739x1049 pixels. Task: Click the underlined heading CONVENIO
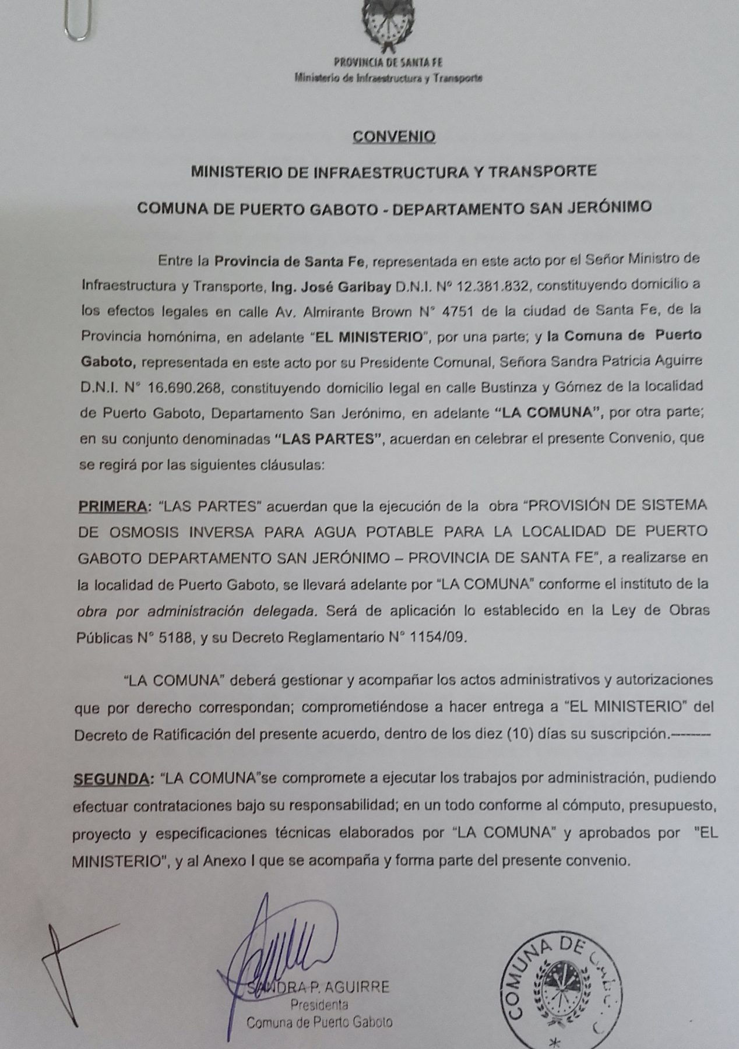(x=395, y=137)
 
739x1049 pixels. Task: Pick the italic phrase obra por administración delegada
(x=197, y=612)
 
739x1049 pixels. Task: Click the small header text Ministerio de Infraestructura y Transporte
(x=388, y=77)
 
